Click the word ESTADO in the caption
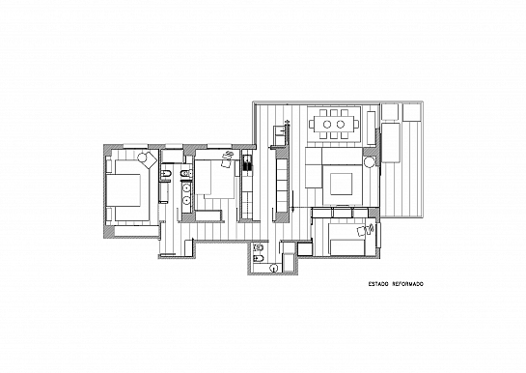[x=378, y=284]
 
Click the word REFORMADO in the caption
[x=408, y=284]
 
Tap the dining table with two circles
[x=334, y=125]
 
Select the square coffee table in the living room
[x=341, y=184]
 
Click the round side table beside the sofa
[x=370, y=162]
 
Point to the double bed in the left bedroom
[x=127, y=190]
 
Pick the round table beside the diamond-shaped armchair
[x=143, y=157]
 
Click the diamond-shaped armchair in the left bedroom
[x=150, y=159]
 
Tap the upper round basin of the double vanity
[x=186, y=188]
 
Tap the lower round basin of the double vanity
[x=186, y=201]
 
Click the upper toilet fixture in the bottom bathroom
[x=259, y=247]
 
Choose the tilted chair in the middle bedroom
[x=228, y=159]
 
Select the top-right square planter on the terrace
[x=411, y=112]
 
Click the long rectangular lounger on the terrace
[x=391, y=143]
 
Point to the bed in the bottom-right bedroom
[x=347, y=240]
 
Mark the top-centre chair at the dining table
[x=334, y=112]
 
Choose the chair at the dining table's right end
[x=356, y=125]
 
